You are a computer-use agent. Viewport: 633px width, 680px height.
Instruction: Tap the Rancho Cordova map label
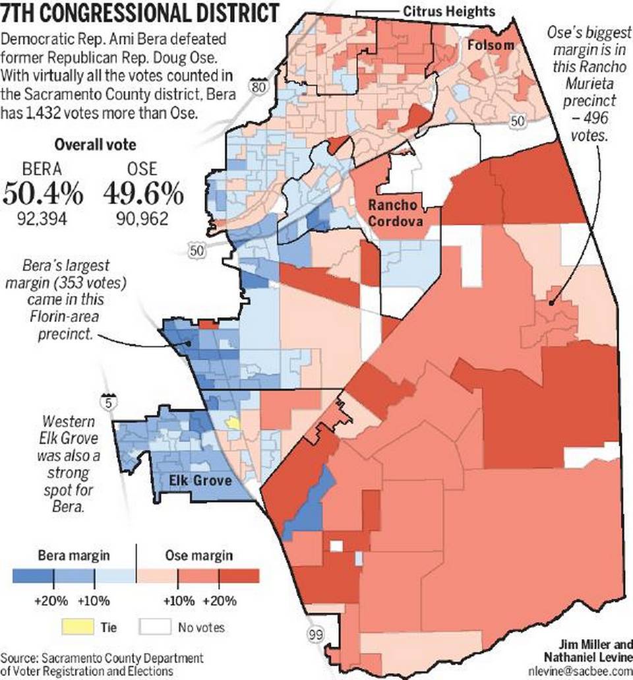coord(396,213)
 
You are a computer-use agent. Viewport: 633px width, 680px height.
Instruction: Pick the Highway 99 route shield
coord(316,634)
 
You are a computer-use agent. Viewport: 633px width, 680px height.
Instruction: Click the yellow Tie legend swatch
coord(77,627)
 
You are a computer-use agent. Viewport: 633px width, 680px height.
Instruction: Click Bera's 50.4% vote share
coord(44,194)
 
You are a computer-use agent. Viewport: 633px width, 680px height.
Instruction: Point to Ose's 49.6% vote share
coord(142,194)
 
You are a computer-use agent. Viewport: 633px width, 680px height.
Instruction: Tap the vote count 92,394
coord(44,218)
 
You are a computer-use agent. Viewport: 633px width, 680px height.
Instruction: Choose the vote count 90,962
coord(142,218)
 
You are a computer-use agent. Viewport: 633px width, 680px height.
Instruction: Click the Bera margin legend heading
coord(64,555)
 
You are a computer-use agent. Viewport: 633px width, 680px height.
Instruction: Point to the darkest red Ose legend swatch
coord(238,576)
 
